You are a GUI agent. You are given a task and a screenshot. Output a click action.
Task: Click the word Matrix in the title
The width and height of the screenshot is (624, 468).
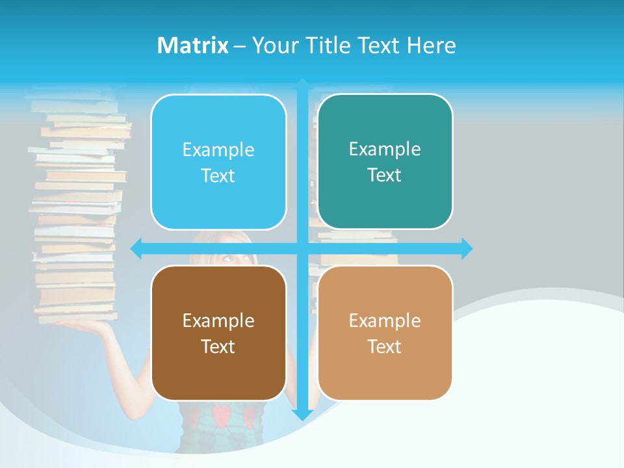point(192,45)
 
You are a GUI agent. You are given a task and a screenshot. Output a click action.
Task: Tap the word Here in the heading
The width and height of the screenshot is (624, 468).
point(431,45)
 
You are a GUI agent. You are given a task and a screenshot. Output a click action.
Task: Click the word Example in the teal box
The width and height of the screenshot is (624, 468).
point(385,149)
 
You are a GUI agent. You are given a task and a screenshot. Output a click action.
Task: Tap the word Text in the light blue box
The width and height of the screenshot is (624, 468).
point(218,176)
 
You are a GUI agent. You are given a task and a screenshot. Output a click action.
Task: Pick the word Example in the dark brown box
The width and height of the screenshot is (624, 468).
point(218,320)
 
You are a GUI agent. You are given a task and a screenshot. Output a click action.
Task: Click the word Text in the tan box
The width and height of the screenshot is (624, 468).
point(385,346)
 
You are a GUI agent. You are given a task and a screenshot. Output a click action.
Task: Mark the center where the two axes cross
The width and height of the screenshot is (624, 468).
point(302,248)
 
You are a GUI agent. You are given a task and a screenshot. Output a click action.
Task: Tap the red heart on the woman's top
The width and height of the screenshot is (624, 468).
point(222,415)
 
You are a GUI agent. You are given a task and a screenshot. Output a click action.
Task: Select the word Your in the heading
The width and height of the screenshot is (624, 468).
point(276,45)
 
